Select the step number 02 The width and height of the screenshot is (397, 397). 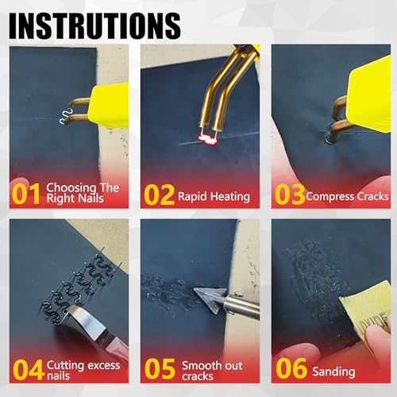tap(160, 193)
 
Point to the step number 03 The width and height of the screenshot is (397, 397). tap(290, 193)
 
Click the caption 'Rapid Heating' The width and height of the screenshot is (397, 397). tap(214, 196)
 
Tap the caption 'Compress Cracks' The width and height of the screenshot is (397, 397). tap(346, 195)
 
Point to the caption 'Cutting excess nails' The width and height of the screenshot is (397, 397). tap(83, 371)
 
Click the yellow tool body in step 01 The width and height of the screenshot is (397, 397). tap(107, 103)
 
